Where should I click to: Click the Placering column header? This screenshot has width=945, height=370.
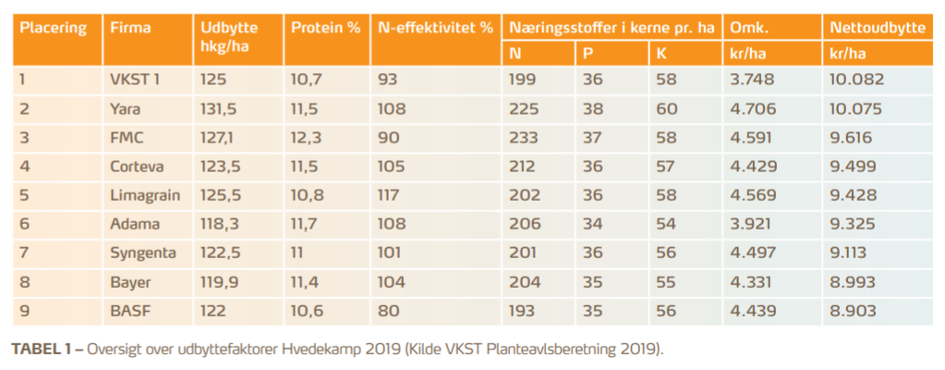[x=53, y=28]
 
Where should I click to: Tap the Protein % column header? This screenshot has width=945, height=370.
[x=325, y=28]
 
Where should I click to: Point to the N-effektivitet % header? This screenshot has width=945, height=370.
[x=435, y=28]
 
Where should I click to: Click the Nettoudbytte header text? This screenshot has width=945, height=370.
[x=877, y=28]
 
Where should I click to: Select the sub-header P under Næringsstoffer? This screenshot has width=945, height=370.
[x=588, y=54]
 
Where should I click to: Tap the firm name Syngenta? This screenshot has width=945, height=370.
[x=138, y=252]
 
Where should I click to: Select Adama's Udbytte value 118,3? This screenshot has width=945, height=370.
[x=218, y=223]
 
